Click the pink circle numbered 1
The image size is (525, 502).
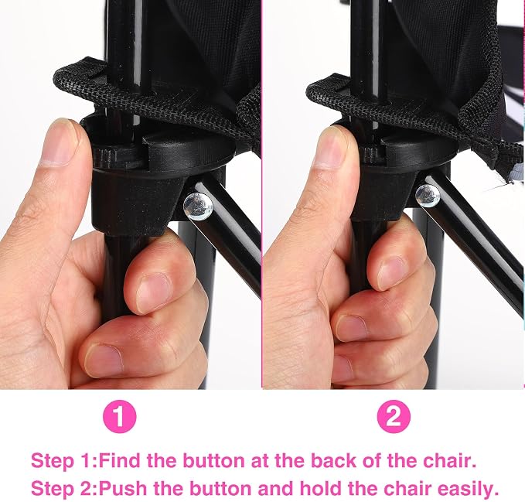coord(120,417)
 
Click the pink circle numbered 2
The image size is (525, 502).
coord(394,417)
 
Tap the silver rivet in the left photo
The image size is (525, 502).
coord(198,206)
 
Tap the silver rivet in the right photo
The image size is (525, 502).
coord(428,195)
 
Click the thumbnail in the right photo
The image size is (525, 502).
coord(331,149)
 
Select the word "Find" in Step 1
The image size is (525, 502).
coord(121,460)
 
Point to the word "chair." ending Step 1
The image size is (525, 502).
coord(450,460)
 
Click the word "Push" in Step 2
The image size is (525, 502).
coord(122,488)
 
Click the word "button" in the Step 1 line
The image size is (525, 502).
coord(214,460)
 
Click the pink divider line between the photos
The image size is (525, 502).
coord(262,194)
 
